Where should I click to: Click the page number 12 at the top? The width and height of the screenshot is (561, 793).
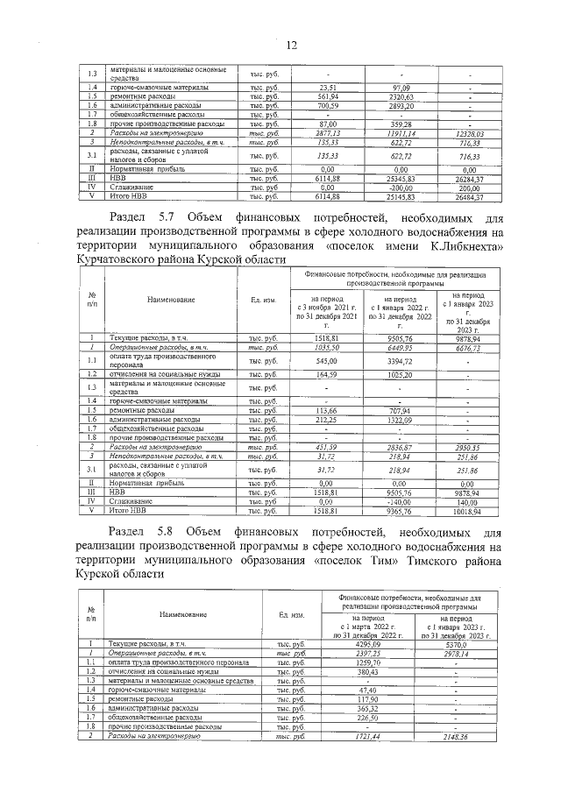[291, 46]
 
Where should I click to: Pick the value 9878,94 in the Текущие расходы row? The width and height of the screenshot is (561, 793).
[468, 337]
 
